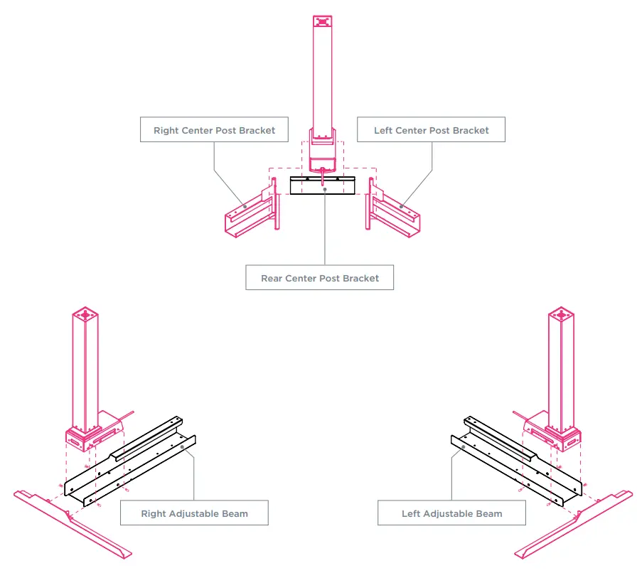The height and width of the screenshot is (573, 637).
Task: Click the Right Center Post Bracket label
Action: click(x=214, y=131)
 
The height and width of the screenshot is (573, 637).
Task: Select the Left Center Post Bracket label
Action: click(x=431, y=131)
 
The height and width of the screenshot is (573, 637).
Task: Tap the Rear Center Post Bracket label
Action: click(x=319, y=278)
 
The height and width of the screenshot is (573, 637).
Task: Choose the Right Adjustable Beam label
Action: click(x=194, y=513)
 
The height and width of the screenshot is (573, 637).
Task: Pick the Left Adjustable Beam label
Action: click(x=451, y=513)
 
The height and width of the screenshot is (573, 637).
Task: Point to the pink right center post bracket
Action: click(x=248, y=214)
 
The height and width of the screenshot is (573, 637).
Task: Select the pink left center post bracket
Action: click(x=395, y=214)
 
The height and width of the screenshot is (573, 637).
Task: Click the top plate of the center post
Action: click(x=323, y=21)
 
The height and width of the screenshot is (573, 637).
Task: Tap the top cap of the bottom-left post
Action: click(x=85, y=314)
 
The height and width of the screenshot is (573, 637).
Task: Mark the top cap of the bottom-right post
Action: click(x=560, y=314)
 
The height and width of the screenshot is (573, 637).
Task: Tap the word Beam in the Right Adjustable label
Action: click(x=235, y=513)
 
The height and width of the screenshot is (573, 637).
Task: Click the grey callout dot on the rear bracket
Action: click(x=325, y=189)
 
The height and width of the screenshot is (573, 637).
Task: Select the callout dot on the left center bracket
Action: click(x=401, y=206)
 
